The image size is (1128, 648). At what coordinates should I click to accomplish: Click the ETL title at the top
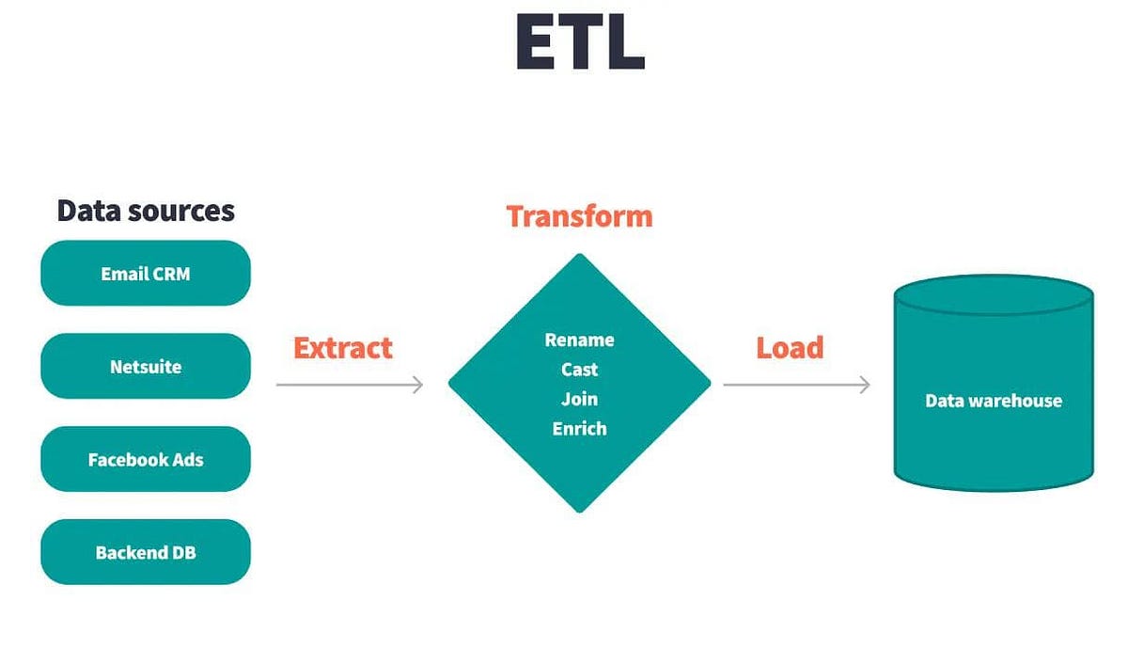click(580, 42)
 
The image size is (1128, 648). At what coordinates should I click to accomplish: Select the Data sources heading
click(146, 210)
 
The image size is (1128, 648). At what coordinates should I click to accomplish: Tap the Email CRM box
click(146, 274)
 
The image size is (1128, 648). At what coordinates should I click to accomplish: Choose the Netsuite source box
click(146, 367)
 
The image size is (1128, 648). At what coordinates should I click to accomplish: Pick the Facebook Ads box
click(146, 460)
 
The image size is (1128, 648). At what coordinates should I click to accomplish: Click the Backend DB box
click(146, 552)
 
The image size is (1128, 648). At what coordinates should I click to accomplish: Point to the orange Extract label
click(342, 348)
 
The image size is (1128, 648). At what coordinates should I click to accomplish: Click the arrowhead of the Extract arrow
click(418, 384)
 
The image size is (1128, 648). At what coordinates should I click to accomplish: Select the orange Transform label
click(579, 216)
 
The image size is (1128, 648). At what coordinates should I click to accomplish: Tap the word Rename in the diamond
click(579, 340)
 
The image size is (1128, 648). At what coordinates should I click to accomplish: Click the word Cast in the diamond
click(579, 370)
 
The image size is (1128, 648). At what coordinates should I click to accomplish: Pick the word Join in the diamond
click(579, 399)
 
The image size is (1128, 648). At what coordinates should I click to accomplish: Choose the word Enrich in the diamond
click(579, 429)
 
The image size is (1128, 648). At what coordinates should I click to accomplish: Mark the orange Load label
click(790, 348)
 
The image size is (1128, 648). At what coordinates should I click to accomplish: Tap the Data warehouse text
click(994, 401)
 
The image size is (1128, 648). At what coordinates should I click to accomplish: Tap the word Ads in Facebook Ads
click(186, 460)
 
